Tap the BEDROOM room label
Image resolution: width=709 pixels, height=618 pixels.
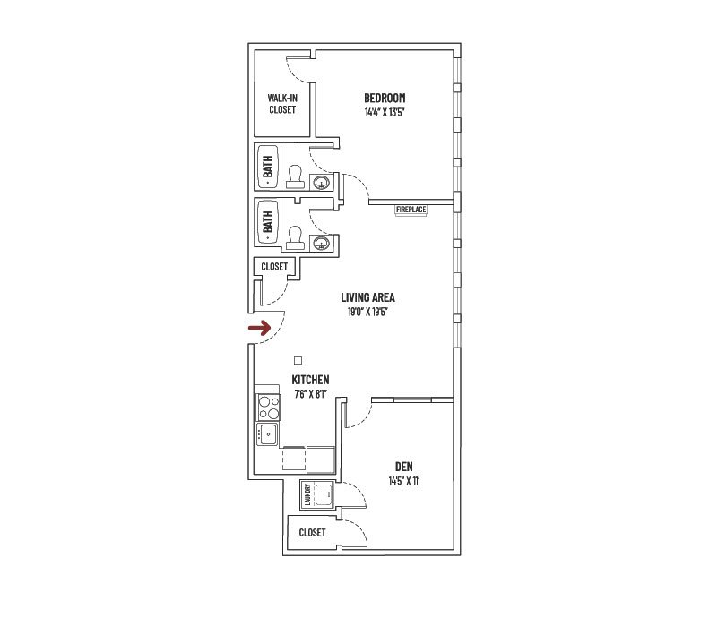385,98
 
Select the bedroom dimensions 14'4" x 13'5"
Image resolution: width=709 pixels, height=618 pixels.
385,112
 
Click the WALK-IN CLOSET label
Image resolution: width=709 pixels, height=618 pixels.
282,103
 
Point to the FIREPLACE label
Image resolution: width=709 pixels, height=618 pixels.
411,210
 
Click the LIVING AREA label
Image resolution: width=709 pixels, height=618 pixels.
367,297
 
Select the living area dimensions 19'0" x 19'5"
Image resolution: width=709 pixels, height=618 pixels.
367,312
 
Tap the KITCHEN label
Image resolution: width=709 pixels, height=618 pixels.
309,380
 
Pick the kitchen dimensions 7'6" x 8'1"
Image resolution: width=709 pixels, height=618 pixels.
309,394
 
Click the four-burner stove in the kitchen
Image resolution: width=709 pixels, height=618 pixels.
267,408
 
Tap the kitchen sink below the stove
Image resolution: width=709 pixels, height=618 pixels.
267,435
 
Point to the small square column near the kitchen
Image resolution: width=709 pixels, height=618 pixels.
298,360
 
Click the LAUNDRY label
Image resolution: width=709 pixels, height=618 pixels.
307,494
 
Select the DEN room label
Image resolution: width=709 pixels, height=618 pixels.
402,467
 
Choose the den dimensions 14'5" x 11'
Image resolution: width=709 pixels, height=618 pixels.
402,481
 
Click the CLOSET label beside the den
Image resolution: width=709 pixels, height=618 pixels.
312,532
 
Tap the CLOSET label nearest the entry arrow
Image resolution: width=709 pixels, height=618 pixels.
274,267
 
